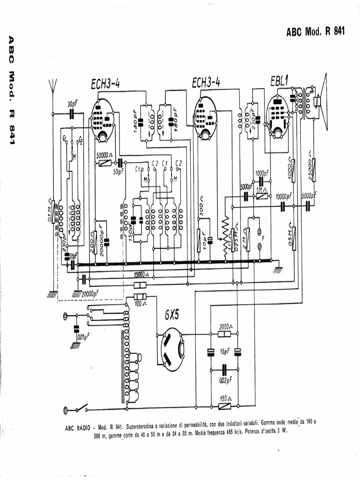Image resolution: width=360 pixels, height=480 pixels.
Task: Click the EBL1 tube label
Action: click(x=278, y=81)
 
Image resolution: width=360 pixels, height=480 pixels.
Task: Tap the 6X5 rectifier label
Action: click(x=172, y=315)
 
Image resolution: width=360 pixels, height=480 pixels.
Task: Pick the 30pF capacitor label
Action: click(x=73, y=104)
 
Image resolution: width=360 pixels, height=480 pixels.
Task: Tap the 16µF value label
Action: click(x=225, y=352)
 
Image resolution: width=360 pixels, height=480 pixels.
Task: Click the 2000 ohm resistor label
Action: click(x=225, y=326)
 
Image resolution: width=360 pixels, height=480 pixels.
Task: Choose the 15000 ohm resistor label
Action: click(x=140, y=275)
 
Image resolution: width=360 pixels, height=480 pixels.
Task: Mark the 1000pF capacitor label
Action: click(x=262, y=173)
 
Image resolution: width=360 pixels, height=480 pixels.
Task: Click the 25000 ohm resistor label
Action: click(x=310, y=161)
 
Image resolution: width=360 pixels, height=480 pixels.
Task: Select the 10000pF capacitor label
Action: click(x=283, y=196)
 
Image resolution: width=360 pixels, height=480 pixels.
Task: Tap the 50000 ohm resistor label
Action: click(x=104, y=154)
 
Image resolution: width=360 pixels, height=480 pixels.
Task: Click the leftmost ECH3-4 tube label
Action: click(x=105, y=84)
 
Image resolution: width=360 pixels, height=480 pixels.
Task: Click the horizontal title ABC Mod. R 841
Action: click(x=315, y=31)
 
